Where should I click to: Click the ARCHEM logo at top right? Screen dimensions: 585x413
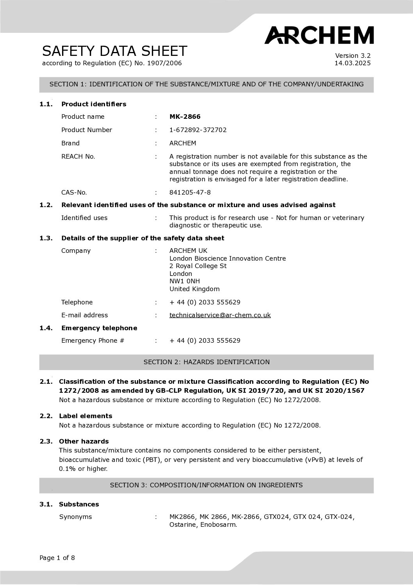click(319, 35)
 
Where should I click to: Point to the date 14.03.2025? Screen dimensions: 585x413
click(352, 63)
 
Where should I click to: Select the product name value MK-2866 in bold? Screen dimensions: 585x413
click(185, 116)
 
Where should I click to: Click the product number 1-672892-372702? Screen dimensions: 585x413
click(198, 130)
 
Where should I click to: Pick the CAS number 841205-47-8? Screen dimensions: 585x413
click(190, 192)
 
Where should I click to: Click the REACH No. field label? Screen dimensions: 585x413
click(78, 156)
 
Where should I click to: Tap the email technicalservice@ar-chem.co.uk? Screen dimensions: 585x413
click(220, 315)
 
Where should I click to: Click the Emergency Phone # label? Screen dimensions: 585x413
click(93, 340)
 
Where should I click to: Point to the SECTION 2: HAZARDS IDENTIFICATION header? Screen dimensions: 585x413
click(206, 362)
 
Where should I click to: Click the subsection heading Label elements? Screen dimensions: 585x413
click(85, 416)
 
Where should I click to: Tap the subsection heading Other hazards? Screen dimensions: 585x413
click(84, 441)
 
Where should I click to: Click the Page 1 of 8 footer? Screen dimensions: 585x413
click(57, 558)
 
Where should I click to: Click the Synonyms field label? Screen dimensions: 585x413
click(75, 517)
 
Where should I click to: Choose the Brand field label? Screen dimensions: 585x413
click(70, 143)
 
